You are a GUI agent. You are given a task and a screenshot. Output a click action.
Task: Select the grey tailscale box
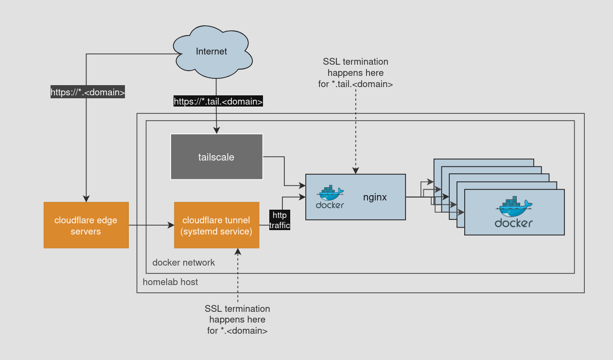pos(216,157)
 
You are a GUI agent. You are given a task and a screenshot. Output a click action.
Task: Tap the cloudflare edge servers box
pos(86,225)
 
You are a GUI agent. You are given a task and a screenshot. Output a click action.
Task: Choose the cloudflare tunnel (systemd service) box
pos(216,225)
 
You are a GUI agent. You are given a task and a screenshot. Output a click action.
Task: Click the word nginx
pos(375,198)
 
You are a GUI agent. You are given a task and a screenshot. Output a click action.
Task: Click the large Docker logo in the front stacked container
pos(514,213)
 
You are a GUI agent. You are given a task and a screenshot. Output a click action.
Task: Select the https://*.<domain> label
pos(88,92)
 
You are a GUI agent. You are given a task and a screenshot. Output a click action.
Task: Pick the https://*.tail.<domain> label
pos(218,101)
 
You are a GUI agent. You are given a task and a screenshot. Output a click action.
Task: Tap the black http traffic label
pos(280,220)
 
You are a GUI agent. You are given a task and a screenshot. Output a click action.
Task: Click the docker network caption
pos(183,263)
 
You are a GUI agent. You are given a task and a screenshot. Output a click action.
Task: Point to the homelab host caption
pos(170,282)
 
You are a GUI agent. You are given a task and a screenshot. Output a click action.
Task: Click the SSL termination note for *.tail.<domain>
pos(355,72)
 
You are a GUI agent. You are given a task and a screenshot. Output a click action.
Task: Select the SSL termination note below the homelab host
pos(237,320)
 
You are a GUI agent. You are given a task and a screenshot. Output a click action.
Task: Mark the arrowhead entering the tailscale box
pos(216,130)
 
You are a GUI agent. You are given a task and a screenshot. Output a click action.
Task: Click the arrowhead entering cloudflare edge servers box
pos(86,198)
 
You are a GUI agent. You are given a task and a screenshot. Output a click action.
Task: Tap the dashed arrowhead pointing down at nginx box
pos(355,170)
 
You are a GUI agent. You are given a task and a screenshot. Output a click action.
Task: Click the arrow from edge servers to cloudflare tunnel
pos(151,225)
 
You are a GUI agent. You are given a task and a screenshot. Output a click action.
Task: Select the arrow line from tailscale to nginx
pos(284,170)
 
